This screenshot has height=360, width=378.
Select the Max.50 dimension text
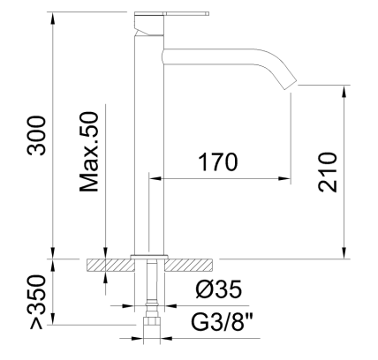point(88,152)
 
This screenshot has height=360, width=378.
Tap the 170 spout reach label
point(218,162)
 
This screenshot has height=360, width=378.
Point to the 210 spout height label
point(327,172)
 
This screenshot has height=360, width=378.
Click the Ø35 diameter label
point(218,289)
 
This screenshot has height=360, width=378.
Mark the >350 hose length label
point(36,302)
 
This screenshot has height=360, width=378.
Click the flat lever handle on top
point(171,13)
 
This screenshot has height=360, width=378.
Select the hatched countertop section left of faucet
point(110,265)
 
